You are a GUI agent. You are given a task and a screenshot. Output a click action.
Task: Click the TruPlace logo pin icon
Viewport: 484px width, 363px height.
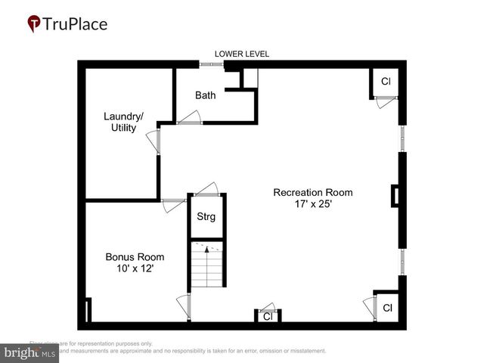tap(34, 24)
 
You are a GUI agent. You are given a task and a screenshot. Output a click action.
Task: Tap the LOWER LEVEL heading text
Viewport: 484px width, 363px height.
tap(242, 54)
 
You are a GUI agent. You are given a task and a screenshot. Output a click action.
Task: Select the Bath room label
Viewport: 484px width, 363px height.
tap(205, 95)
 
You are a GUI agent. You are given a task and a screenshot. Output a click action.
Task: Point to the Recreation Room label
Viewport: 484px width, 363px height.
tap(312, 192)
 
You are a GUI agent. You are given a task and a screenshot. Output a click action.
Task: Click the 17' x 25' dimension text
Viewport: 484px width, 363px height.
tap(312, 204)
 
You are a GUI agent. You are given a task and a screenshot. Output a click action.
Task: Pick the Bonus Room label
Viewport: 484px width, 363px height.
tap(135, 257)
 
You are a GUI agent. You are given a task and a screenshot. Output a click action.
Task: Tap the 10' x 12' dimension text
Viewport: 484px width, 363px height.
tap(135, 269)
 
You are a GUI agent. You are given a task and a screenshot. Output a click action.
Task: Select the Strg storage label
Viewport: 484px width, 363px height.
tap(206, 217)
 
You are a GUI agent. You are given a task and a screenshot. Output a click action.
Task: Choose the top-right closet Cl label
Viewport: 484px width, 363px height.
tap(386, 82)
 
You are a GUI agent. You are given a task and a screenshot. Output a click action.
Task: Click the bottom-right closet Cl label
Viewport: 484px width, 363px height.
tap(386, 308)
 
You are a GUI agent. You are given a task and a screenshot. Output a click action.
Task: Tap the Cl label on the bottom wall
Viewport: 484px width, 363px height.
tap(268, 317)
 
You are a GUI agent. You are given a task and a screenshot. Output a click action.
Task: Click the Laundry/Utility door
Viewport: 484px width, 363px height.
tap(154, 141)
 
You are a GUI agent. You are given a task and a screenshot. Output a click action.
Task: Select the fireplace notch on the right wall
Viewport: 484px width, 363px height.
tap(395, 196)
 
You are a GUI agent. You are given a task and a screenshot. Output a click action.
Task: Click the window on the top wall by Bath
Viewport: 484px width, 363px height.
tap(211, 64)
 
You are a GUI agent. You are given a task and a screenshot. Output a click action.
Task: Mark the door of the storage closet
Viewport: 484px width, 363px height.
tap(206, 189)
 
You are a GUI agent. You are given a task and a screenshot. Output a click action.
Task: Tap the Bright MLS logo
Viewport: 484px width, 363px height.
tap(29, 352)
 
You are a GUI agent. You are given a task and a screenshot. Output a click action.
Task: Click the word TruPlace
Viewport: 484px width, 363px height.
tap(76, 24)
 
